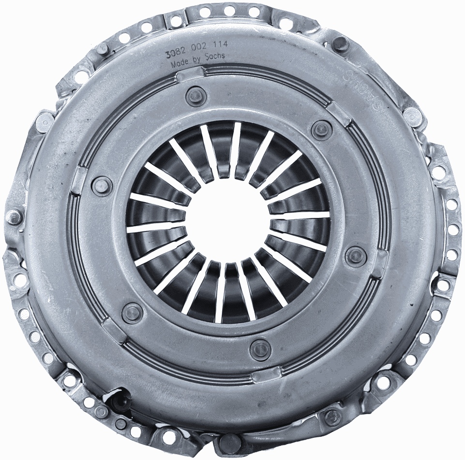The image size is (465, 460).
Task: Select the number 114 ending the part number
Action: click(x=221, y=44)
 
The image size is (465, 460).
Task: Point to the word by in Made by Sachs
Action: click(x=197, y=60)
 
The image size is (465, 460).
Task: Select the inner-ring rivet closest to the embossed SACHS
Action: click(x=321, y=129)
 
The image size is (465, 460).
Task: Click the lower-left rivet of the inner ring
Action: click(x=132, y=312)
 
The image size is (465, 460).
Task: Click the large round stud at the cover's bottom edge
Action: click(x=231, y=442)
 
